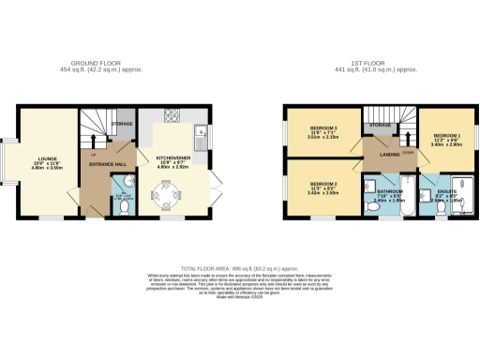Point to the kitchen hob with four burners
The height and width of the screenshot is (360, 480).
click(172, 118)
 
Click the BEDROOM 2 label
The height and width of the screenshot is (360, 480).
click(322, 184)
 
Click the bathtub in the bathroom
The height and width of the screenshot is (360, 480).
click(409, 190)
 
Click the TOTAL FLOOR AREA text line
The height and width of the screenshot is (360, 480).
click(239, 266)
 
